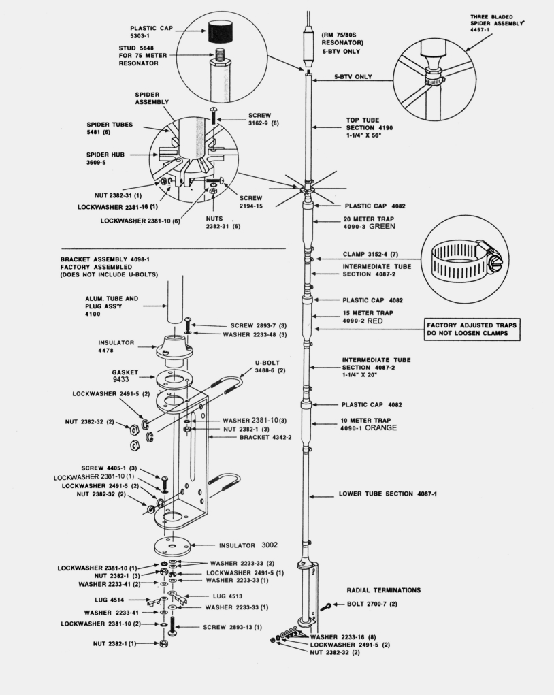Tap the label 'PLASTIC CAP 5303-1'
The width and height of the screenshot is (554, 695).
point(151,32)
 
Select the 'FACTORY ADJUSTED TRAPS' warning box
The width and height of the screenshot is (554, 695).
point(472,329)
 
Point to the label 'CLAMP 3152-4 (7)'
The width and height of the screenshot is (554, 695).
point(375,255)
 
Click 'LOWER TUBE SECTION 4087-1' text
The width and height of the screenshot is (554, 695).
point(387,494)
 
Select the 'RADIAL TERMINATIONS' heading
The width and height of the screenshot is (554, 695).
point(383,590)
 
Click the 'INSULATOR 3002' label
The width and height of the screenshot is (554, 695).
point(246,545)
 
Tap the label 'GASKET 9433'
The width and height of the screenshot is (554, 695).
point(125,376)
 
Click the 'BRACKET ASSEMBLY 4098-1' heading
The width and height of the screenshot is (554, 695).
point(104,259)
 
